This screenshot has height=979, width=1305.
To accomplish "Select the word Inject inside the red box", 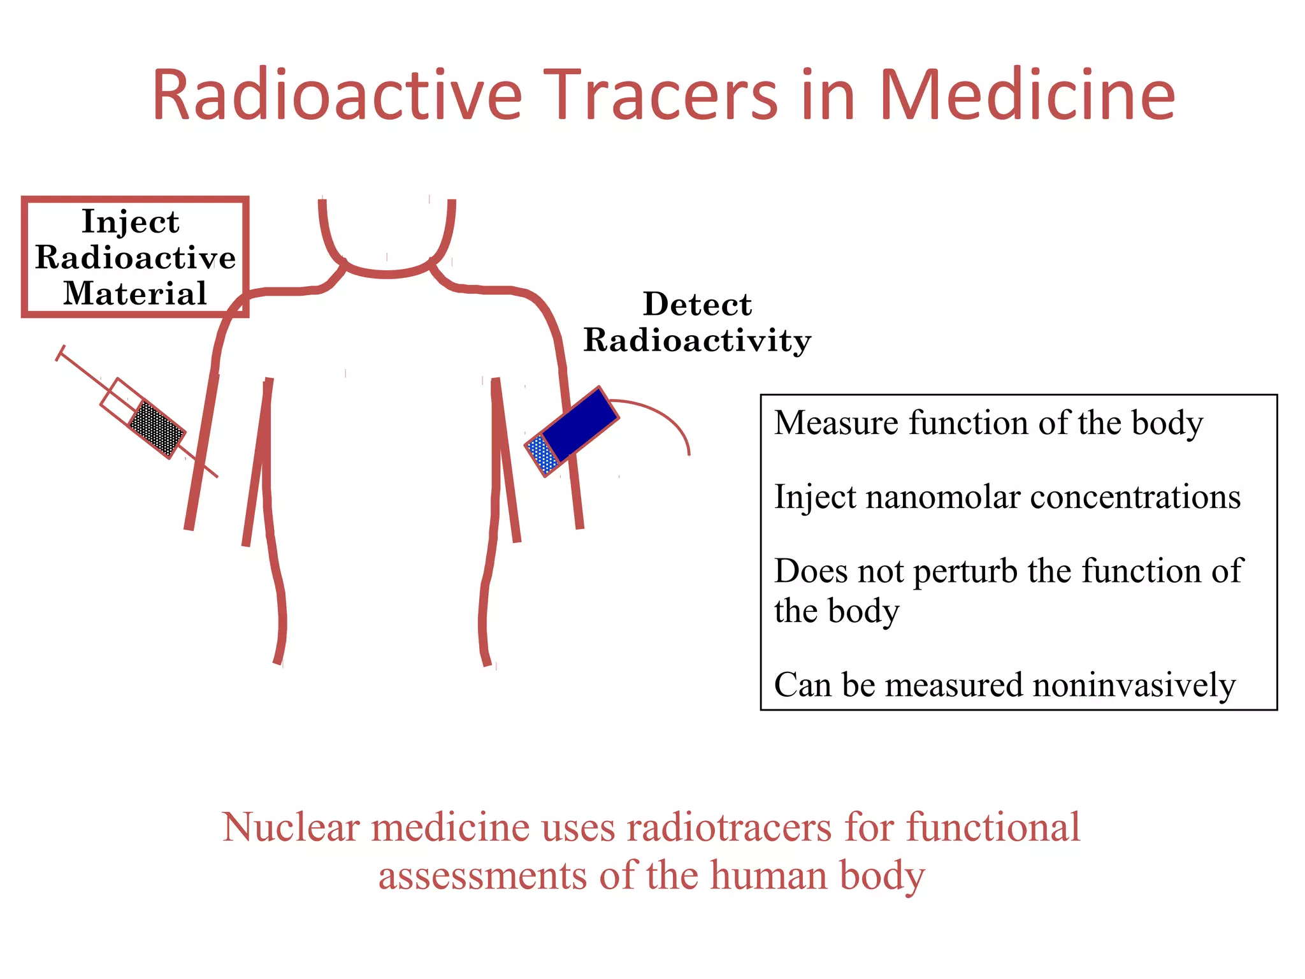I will click(131, 222).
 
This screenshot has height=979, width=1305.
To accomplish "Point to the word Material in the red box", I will click(135, 293).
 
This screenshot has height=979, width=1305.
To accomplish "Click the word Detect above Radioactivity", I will click(697, 304).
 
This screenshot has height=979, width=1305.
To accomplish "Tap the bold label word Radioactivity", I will click(697, 340).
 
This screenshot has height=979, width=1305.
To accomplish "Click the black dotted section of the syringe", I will click(157, 428).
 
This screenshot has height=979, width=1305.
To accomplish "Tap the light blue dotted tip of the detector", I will click(542, 454).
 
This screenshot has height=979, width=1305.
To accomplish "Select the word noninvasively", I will click(1134, 685).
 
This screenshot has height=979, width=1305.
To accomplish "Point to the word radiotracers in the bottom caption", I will click(730, 827).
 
